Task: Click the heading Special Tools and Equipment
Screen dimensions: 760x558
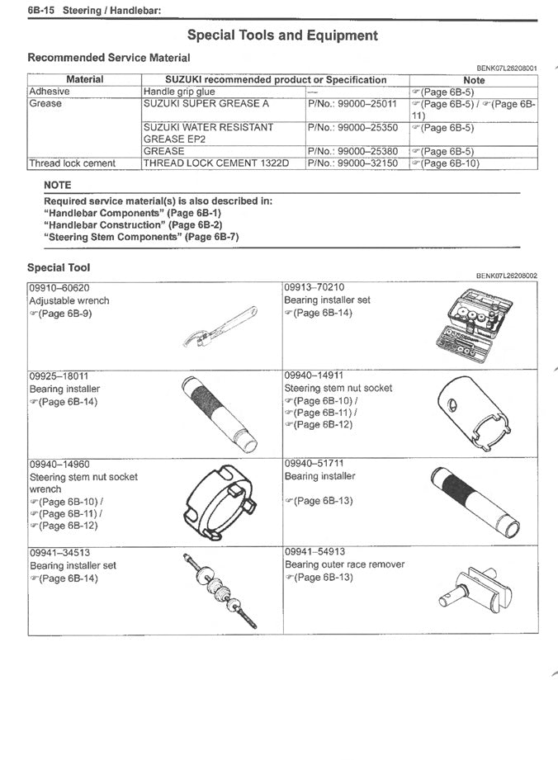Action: click(282, 35)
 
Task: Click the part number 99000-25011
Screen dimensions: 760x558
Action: click(352, 104)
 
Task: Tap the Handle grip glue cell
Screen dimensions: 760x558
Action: click(179, 92)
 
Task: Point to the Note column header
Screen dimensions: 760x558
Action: click(474, 80)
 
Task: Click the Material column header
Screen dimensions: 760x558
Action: click(84, 80)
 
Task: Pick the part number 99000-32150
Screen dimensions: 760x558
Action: click(352, 163)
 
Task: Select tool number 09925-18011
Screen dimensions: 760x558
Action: click(59, 375)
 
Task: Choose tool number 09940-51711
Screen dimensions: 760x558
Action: click(314, 464)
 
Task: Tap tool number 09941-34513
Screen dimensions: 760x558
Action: click(59, 553)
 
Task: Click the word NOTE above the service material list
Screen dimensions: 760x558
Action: click(58, 186)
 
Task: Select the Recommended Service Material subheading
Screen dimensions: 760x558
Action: click(108, 58)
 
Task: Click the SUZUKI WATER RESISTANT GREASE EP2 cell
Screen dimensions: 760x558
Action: click(208, 134)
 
